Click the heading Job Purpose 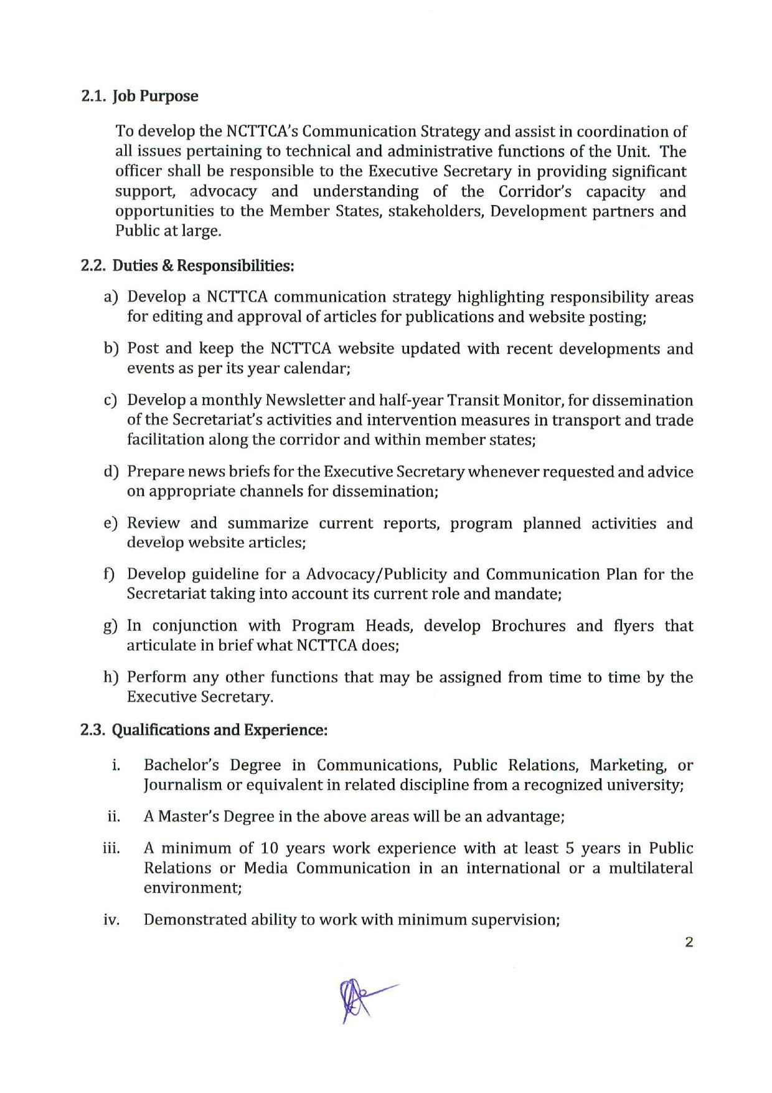pyautogui.click(x=155, y=97)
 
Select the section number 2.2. pyautogui.click(x=94, y=265)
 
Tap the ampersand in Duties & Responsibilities pyautogui.click(x=167, y=265)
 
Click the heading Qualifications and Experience pyautogui.click(x=219, y=730)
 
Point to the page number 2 pyautogui.click(x=689, y=942)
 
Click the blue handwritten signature pyautogui.click(x=361, y=999)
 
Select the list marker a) pyautogui.click(x=111, y=297)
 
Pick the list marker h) pyautogui.click(x=111, y=677)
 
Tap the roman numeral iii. pyautogui.click(x=111, y=849)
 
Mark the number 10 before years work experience pyautogui.click(x=269, y=849)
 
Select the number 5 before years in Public pyautogui.click(x=570, y=849)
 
